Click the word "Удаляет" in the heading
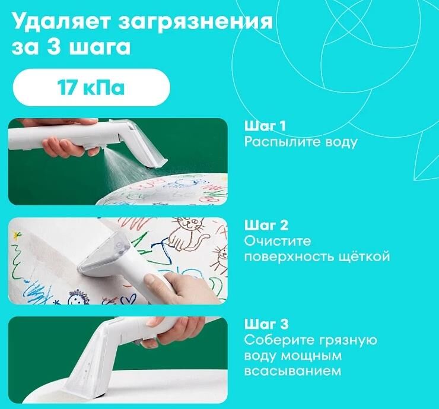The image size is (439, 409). click(x=60, y=22)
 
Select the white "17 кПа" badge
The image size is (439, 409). click(x=91, y=87)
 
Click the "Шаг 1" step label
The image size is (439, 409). click(x=265, y=126)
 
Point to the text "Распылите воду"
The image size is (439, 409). click(x=301, y=142)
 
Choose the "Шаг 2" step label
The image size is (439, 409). click(x=266, y=225)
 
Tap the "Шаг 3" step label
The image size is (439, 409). click(x=266, y=324)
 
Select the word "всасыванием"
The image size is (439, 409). click(x=292, y=371)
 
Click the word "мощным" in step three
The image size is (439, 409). click(x=311, y=356)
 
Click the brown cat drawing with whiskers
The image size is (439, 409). click(x=187, y=234)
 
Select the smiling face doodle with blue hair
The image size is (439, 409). click(x=77, y=297)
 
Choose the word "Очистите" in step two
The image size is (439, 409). click(x=278, y=240)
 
